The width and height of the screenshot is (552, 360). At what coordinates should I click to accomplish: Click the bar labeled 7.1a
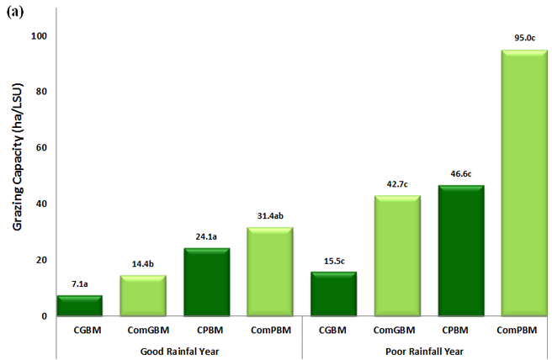pos(79,305)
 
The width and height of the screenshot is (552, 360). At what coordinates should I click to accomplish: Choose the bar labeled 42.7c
pos(397,256)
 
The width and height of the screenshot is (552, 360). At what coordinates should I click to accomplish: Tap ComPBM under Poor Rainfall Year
pos(523,331)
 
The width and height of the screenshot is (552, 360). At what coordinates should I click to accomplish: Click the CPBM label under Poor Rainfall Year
pos(461,331)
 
